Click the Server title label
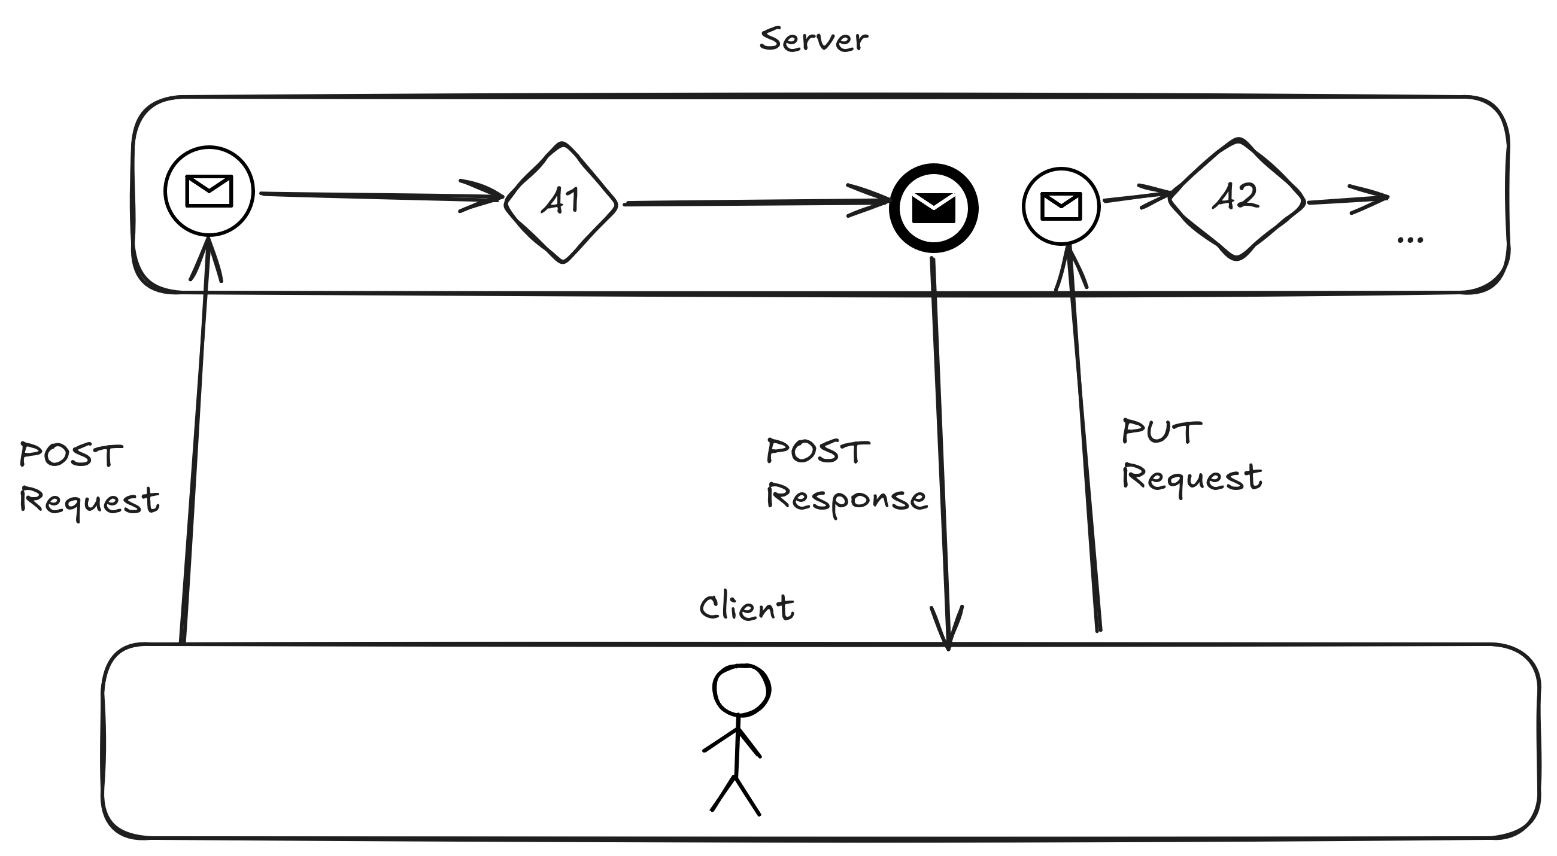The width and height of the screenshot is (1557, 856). click(x=814, y=40)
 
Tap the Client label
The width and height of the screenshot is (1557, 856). click(x=746, y=607)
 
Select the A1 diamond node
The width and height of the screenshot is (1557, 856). click(x=562, y=202)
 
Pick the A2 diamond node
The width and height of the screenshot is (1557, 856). click(x=1237, y=199)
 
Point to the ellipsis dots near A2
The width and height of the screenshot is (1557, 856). click(x=1410, y=240)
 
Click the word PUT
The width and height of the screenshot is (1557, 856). click(x=1161, y=432)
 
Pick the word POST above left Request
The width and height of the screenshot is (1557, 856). click(x=71, y=455)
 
